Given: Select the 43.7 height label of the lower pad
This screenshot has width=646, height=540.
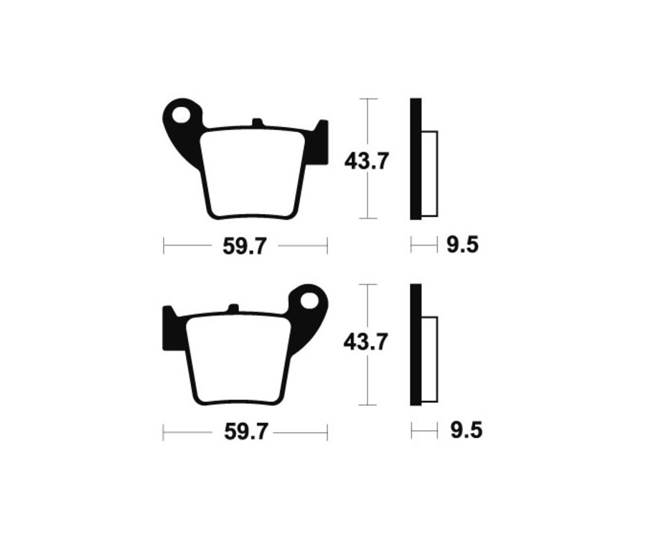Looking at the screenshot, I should click(366, 343).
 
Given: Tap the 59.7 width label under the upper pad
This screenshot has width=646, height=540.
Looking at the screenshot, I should click(245, 247).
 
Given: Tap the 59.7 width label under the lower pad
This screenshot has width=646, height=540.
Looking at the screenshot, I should click(245, 432).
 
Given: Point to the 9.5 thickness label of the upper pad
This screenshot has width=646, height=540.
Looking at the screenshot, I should click(462, 246).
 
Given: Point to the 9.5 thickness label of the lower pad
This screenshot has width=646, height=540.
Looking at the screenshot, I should click(466, 431).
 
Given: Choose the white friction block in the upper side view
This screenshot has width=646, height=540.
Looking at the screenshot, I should click(429, 173).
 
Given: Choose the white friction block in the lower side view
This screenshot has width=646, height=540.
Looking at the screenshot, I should click(429, 359).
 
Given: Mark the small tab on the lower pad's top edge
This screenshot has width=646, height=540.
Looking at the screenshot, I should click(233, 309).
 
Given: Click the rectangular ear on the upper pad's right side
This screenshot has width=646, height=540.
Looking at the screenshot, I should click(320, 141).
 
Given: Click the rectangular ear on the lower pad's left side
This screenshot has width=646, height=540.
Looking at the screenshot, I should click(171, 328).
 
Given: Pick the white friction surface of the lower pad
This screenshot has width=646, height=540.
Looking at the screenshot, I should click(238, 358).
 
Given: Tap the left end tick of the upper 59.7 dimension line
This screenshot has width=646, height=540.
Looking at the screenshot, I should click(164, 246).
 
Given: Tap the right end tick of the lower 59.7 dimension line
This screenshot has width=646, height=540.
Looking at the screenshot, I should click(327, 432).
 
